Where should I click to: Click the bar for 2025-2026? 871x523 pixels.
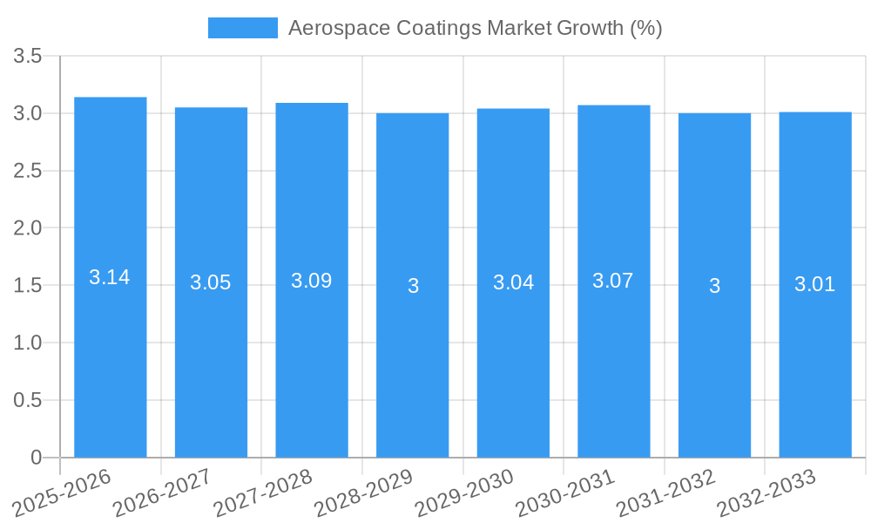110,349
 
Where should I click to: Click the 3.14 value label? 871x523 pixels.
110,277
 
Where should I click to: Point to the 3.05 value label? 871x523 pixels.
211,282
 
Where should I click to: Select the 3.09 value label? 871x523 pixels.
312,281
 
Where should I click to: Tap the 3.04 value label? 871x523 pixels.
513,282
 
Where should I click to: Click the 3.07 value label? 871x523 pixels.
613,281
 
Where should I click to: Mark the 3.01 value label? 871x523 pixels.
814,284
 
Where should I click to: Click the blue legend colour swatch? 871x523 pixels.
242,28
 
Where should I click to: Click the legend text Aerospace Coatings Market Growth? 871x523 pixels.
475,28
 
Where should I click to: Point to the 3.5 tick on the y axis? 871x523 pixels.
28,57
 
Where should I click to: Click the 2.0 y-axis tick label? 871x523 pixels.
28,228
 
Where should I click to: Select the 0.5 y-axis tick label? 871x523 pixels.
28,400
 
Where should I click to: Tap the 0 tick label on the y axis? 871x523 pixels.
36,458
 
